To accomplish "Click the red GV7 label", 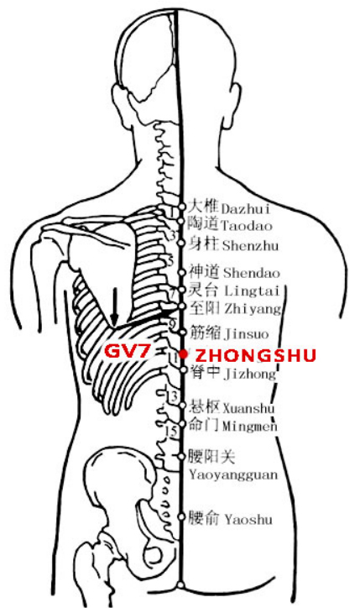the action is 127,352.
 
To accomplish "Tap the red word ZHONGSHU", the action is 255,355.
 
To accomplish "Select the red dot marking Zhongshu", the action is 184,354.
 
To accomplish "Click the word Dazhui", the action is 246,209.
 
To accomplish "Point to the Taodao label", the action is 247,225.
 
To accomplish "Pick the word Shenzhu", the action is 250,245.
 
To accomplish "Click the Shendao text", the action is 252,273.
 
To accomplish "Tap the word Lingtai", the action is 252,291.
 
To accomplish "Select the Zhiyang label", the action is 253,309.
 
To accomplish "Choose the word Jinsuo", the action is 247,334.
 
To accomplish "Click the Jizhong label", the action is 250,374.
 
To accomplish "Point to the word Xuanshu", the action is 248,408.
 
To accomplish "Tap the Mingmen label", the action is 250,427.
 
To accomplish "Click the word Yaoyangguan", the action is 233,475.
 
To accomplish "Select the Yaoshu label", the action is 248,520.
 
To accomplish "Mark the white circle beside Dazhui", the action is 182,207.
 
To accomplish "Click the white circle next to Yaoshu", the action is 181,516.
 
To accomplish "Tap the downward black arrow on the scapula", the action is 114,307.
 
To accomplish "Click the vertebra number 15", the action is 172,431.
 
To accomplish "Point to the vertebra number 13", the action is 173,396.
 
